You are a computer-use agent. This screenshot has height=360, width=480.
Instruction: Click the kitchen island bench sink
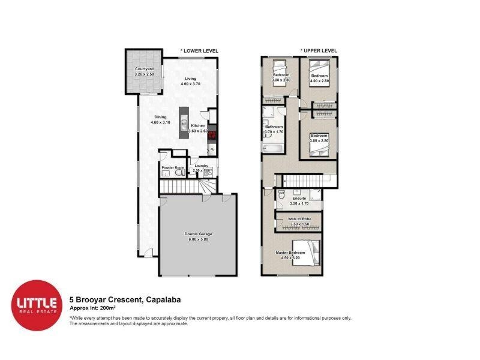coord(182,118)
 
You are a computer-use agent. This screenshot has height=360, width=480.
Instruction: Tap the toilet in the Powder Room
coord(178,173)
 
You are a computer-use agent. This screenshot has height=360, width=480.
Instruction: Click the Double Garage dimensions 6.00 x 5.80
coord(197,239)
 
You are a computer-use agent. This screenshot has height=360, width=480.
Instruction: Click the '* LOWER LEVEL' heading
coord(200,51)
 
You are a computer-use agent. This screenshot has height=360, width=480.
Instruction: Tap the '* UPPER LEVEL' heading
coord(319,51)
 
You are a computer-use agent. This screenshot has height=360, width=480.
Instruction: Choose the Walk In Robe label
coord(298,220)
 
